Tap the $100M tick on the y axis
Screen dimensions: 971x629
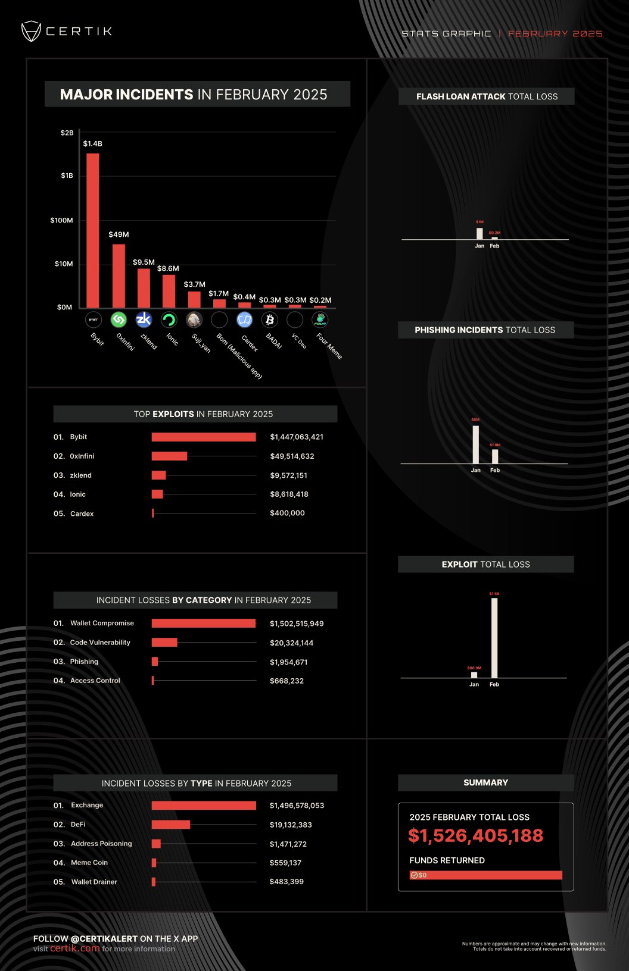[62, 220]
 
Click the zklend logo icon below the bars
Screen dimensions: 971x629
[144, 320]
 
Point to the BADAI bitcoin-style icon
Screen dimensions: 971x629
[270, 320]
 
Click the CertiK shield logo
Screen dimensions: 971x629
[31, 31]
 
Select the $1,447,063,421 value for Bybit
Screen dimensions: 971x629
[297, 437]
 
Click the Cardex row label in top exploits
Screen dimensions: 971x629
[82, 513]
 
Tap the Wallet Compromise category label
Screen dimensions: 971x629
[102, 623]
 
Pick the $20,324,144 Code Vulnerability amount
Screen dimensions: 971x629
[291, 643]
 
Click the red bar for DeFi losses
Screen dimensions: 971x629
[171, 825]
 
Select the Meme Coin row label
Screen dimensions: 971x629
[89, 863]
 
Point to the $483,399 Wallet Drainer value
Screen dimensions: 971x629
[287, 882]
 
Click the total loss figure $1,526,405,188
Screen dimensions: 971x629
[475, 836]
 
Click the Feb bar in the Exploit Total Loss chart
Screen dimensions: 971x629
[494, 637]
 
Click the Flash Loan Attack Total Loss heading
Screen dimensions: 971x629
[487, 96]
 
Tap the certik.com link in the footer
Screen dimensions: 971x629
[75, 948]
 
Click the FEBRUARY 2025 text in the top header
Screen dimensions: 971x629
[555, 34]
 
